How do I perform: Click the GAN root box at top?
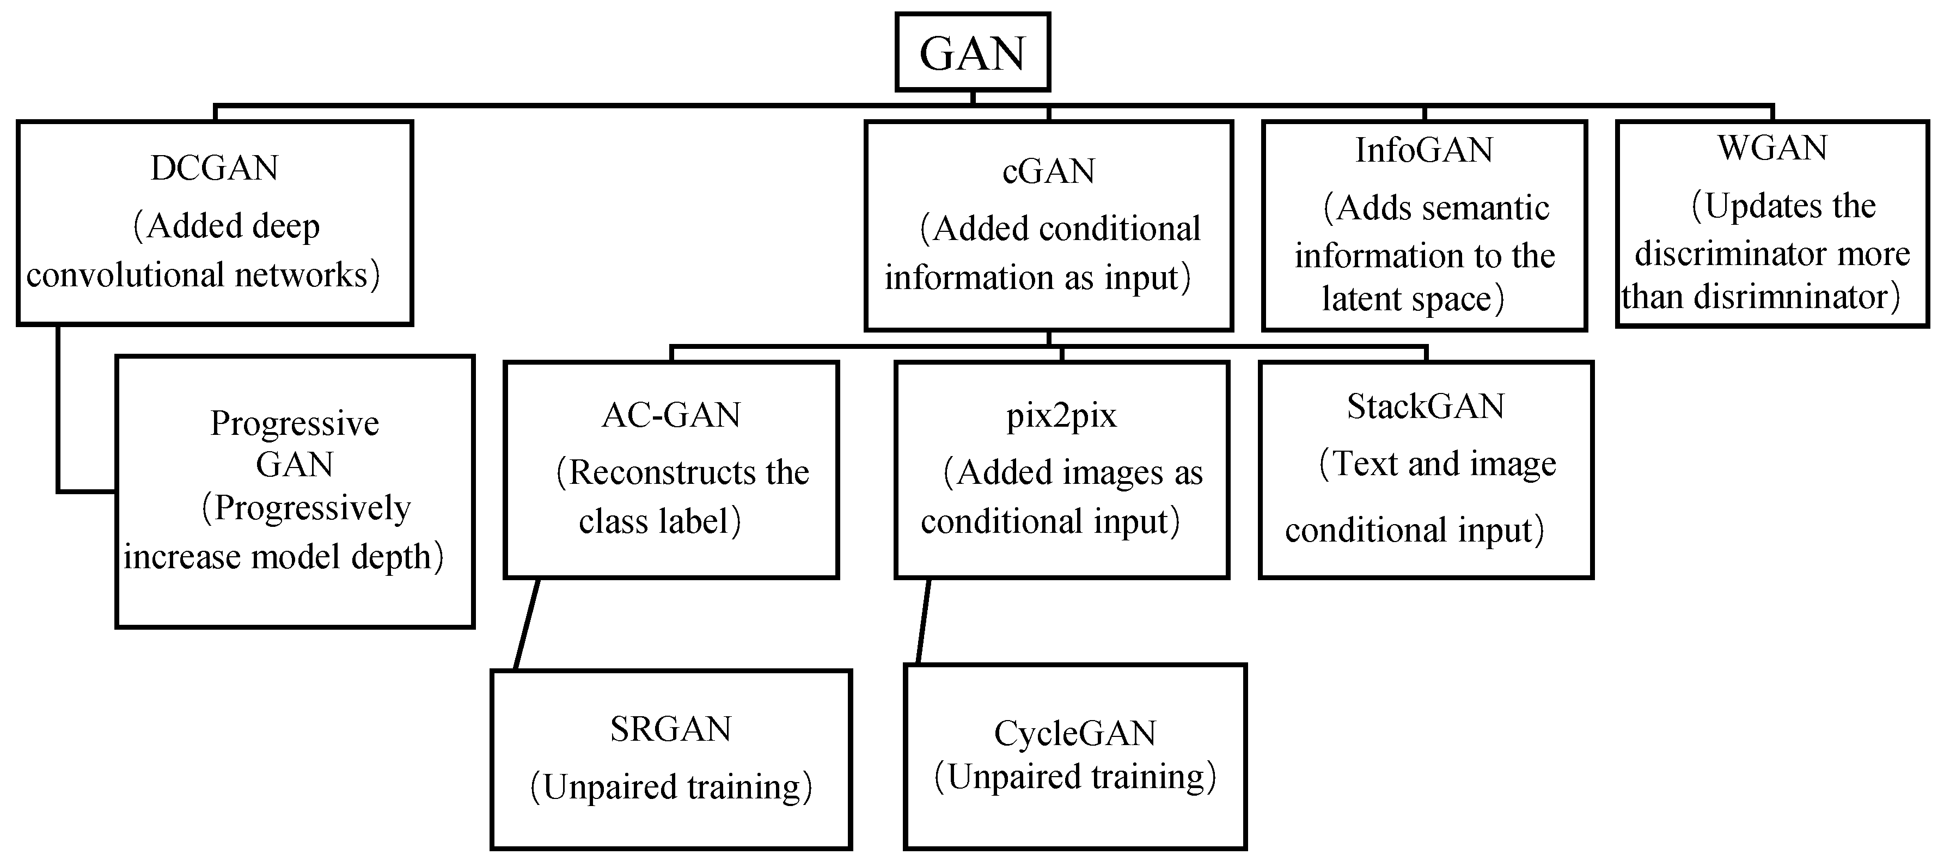coord(972,53)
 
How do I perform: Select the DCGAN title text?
coord(215,168)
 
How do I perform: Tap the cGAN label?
coord(1048,171)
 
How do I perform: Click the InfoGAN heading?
coord(1424,150)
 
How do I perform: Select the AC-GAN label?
coord(671,415)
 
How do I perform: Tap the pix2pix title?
coord(1061,415)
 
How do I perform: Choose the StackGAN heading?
coord(1426,407)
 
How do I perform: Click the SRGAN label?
coord(671,729)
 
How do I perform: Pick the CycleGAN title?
coord(1074,733)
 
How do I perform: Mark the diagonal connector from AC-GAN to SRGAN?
coord(527,624)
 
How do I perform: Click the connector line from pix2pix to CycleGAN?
coord(923,621)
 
